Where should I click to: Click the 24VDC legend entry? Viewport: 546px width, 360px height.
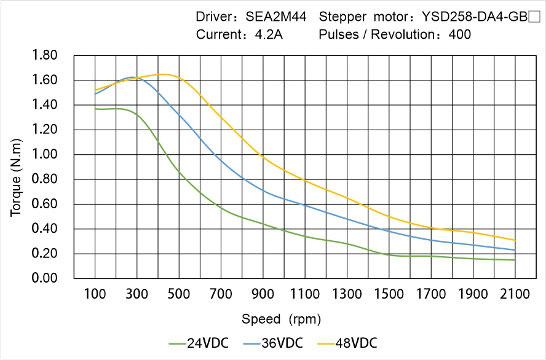198,343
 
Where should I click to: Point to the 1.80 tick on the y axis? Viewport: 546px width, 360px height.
45,56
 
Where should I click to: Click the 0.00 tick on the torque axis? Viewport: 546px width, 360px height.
45,278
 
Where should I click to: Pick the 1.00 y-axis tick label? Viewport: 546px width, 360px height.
45,155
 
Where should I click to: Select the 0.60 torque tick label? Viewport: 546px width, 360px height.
45,204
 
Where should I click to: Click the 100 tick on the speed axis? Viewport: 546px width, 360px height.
95,294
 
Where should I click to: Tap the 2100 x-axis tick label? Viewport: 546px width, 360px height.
515,294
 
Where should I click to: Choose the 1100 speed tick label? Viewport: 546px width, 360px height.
305,294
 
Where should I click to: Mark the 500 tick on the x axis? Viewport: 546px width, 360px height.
179,294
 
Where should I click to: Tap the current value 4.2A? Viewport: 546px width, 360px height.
269,34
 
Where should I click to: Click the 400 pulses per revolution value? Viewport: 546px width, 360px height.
460,34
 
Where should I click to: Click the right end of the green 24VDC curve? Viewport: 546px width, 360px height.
515,260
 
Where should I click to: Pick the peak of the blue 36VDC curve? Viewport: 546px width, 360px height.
168,77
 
